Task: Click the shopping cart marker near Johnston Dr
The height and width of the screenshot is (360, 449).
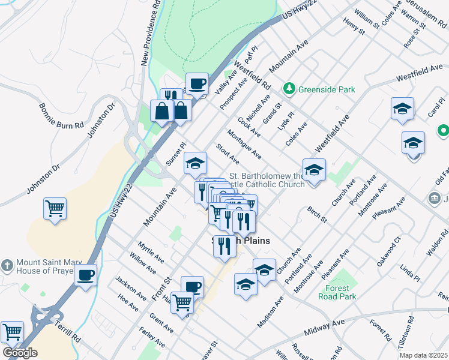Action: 55,209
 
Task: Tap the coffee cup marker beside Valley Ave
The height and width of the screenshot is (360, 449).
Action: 197,83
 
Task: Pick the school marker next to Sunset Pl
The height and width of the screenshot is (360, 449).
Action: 195,163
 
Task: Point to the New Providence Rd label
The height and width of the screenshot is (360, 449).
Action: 151,33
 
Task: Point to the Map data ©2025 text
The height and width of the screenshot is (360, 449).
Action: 423,355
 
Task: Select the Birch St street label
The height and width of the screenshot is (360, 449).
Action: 316,215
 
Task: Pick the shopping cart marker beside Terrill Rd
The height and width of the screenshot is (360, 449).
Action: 12,331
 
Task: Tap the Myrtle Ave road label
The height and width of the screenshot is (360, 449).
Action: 151,253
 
